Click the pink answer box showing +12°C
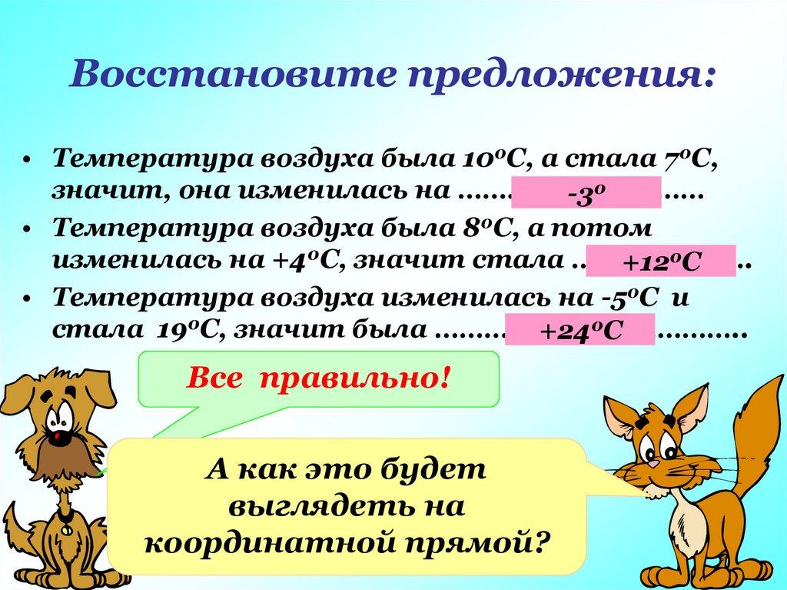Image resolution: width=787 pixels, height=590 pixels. click(x=661, y=262)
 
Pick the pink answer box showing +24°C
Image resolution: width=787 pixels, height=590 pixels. click(x=579, y=331)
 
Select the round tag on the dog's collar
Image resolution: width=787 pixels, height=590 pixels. click(x=67, y=530)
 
